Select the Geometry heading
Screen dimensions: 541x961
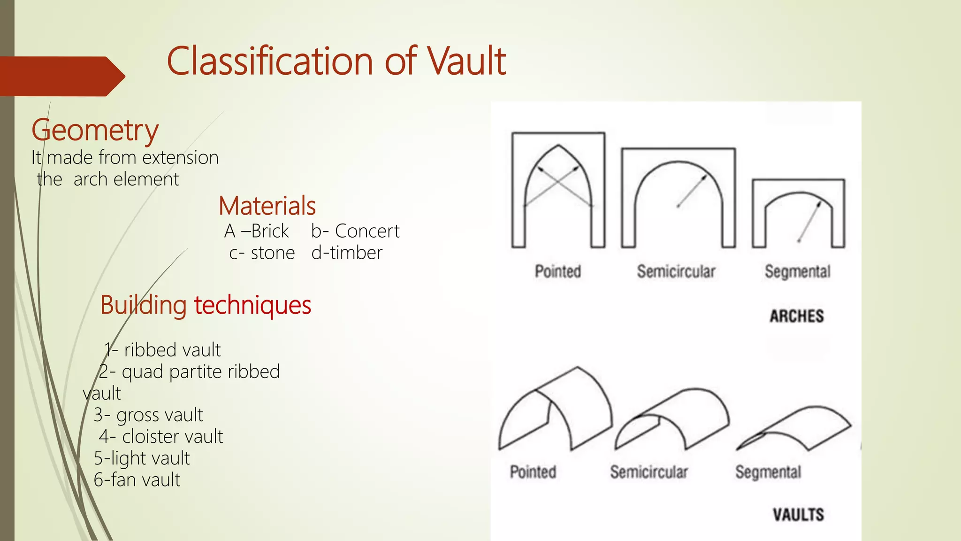click(x=95, y=130)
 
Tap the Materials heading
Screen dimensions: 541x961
click(x=267, y=206)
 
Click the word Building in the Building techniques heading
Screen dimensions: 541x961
click(x=143, y=305)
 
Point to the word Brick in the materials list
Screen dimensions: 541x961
click(x=270, y=231)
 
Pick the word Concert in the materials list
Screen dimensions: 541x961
click(x=367, y=231)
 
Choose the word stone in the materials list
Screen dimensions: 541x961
click(x=273, y=253)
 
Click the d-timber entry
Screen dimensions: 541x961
click(x=347, y=253)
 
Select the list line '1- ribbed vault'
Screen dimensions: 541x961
click(x=162, y=350)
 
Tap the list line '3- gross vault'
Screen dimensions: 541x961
click(x=148, y=415)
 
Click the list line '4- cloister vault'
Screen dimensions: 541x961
click(x=161, y=437)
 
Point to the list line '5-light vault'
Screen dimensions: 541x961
click(x=142, y=458)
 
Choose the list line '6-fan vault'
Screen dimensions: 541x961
click(x=137, y=480)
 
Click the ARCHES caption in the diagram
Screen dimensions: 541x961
click(x=797, y=316)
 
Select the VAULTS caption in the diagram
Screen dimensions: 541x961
click(x=798, y=515)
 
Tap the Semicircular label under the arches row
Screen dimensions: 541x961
click(x=676, y=271)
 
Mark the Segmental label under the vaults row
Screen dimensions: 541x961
click(x=768, y=472)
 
